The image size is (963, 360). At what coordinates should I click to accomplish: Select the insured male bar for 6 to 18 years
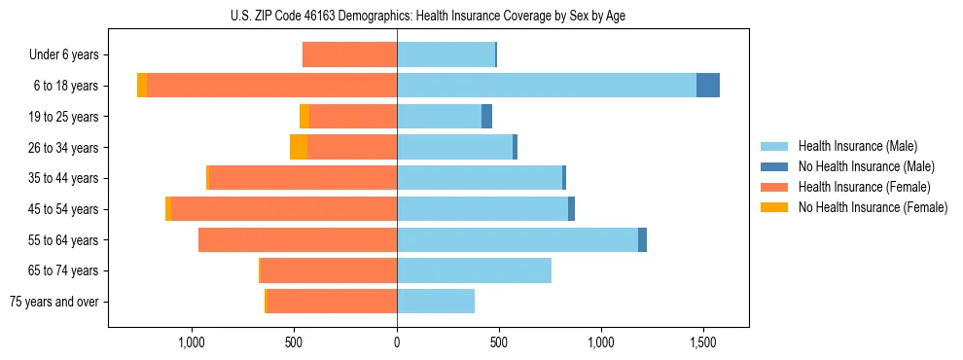[547, 86]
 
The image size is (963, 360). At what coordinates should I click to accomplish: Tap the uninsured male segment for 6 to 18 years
[708, 86]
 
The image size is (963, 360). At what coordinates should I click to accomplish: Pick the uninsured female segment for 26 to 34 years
[299, 147]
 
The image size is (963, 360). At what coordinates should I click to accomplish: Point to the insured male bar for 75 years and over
[436, 302]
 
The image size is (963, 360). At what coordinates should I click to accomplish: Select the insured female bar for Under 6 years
[350, 54]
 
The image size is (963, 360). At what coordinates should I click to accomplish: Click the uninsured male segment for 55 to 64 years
[642, 240]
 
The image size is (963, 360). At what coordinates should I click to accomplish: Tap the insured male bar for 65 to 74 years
[474, 270]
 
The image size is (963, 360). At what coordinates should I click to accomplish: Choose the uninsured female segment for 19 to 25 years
[304, 117]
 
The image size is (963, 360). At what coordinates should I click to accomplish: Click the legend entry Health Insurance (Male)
[857, 146]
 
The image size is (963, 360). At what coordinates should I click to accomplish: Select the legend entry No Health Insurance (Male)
[866, 166]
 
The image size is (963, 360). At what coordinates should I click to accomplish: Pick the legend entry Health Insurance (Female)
[864, 187]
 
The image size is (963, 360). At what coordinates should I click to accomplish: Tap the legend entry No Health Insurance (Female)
[873, 207]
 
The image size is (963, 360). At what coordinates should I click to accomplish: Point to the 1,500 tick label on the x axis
[703, 342]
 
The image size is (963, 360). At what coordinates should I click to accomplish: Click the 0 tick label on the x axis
[397, 342]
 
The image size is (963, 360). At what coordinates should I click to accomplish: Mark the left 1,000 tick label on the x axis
[192, 342]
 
